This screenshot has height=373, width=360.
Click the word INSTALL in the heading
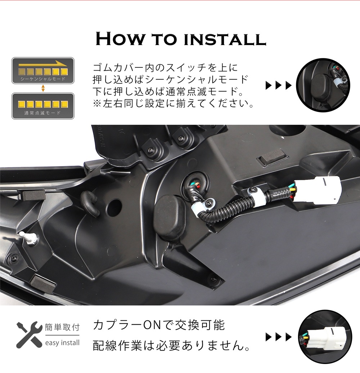point(225,40)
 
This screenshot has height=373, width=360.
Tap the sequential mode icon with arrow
point(43,71)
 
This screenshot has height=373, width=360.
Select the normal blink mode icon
point(43,106)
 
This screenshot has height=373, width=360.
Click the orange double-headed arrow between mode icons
point(43,88)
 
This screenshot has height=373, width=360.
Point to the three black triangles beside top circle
point(278,86)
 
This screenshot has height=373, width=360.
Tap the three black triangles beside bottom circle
point(278,337)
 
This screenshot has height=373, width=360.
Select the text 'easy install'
point(62,343)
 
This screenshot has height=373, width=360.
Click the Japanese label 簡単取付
point(62,328)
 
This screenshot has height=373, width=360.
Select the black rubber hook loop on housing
point(90,203)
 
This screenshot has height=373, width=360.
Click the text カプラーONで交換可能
point(158,325)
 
